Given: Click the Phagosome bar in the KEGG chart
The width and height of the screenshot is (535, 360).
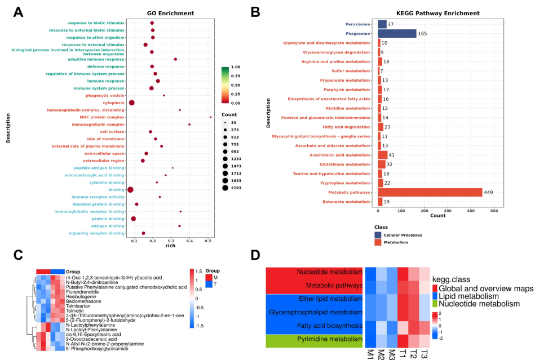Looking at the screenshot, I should click(397, 34).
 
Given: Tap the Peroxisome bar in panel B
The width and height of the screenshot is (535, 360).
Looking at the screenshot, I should click(382, 24).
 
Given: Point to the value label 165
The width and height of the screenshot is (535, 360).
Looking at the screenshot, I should click(422, 34).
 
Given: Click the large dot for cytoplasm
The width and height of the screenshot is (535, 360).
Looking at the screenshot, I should click(132, 103).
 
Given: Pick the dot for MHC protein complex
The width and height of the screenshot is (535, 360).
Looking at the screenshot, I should click(210, 117).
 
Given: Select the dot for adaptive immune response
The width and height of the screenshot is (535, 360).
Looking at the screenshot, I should click(176, 59).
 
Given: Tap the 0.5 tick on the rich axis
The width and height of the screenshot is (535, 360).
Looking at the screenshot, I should click(208, 241).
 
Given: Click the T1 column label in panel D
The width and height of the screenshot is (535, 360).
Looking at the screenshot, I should click(403, 354).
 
